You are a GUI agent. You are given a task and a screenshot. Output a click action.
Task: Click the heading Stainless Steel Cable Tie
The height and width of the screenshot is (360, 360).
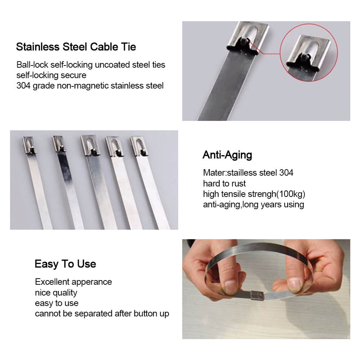76,47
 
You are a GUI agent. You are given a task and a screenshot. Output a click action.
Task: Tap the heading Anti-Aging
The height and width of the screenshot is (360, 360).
227,155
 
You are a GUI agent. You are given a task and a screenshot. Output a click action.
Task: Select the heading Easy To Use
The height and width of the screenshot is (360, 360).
65,264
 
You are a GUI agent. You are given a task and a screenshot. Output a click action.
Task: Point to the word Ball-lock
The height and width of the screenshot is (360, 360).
32,65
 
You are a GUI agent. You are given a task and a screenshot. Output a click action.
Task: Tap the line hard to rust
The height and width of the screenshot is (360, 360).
224,184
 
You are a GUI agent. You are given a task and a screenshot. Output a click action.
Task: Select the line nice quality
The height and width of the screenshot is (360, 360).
56,292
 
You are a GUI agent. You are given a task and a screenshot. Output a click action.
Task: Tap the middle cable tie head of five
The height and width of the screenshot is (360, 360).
88,145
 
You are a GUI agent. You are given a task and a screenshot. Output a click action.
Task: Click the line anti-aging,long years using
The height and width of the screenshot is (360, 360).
253,204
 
